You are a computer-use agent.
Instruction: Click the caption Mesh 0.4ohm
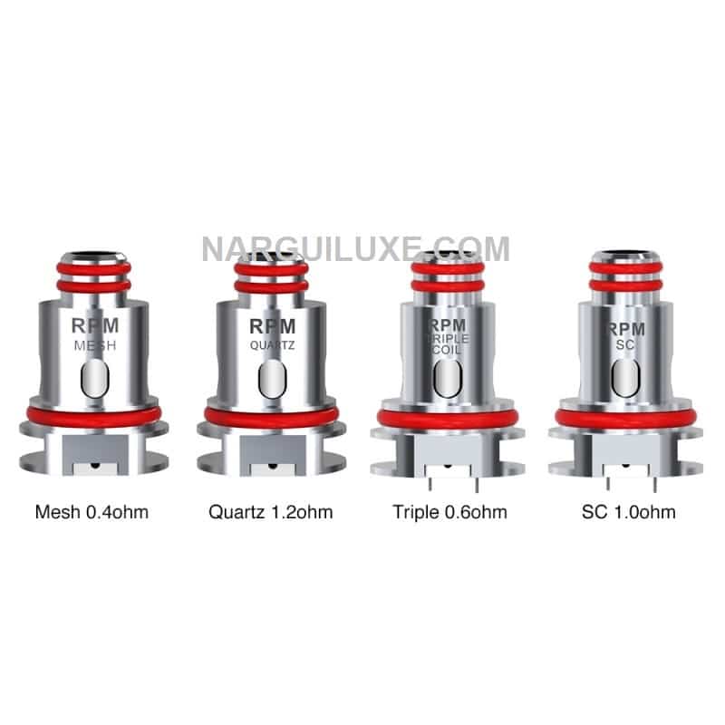pos(92,512)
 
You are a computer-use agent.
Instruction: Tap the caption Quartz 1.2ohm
pos(270,512)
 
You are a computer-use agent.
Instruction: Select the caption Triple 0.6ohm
pos(449,512)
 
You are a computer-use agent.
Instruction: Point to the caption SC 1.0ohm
pos(628,512)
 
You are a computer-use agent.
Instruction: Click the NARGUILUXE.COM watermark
pos(356,248)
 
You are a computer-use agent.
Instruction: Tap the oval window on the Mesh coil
pos(95,379)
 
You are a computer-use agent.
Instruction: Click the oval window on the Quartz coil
pos(273,379)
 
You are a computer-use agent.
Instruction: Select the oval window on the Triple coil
pos(448,378)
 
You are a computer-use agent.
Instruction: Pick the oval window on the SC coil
pos(625,378)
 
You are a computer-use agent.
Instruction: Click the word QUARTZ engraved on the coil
pos(273,345)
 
